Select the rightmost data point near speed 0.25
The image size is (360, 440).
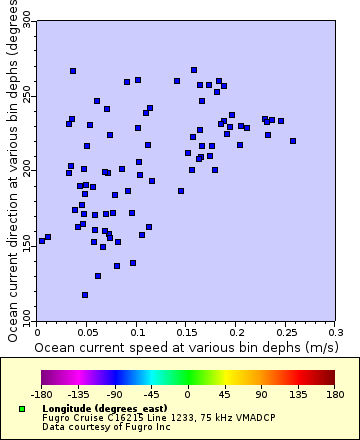293,141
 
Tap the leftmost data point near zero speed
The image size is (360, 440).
41,241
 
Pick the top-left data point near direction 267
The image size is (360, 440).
73,71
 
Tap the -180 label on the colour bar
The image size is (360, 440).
41,394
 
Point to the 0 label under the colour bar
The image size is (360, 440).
187,394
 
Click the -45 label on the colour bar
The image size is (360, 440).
151,394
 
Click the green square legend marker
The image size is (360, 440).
22,409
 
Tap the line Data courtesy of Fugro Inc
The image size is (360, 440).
99,427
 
